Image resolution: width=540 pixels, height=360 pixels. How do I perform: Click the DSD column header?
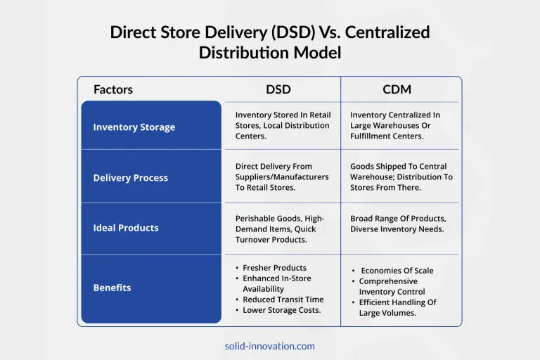(x=278, y=89)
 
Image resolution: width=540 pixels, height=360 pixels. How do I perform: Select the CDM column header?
(x=397, y=89)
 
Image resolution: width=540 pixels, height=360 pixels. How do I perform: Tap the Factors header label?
(x=113, y=89)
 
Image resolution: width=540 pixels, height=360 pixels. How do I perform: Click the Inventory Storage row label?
(x=134, y=127)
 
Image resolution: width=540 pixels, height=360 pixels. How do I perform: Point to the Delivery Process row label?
(x=131, y=178)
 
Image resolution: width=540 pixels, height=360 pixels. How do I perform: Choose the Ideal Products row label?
(x=126, y=228)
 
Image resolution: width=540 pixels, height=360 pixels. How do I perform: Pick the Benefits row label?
(x=112, y=288)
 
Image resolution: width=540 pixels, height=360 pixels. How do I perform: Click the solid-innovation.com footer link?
(x=270, y=346)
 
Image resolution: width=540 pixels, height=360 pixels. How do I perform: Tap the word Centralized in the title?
(x=387, y=32)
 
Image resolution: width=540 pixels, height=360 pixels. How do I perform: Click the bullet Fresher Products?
(x=274, y=268)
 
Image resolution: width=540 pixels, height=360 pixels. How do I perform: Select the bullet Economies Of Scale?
(x=397, y=271)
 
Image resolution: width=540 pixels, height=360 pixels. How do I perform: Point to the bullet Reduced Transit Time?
(x=283, y=300)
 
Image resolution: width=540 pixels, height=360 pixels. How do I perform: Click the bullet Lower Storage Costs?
(x=282, y=310)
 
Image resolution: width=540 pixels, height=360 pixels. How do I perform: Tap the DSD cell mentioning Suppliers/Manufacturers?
(x=282, y=176)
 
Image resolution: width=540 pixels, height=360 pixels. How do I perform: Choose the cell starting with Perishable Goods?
(x=280, y=229)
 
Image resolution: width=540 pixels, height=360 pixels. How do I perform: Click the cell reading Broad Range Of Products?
(x=398, y=224)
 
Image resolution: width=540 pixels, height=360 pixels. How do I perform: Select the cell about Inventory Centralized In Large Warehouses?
(x=395, y=125)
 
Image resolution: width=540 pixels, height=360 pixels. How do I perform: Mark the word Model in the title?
(x=317, y=53)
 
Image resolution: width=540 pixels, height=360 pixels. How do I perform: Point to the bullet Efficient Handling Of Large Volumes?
(x=397, y=307)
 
